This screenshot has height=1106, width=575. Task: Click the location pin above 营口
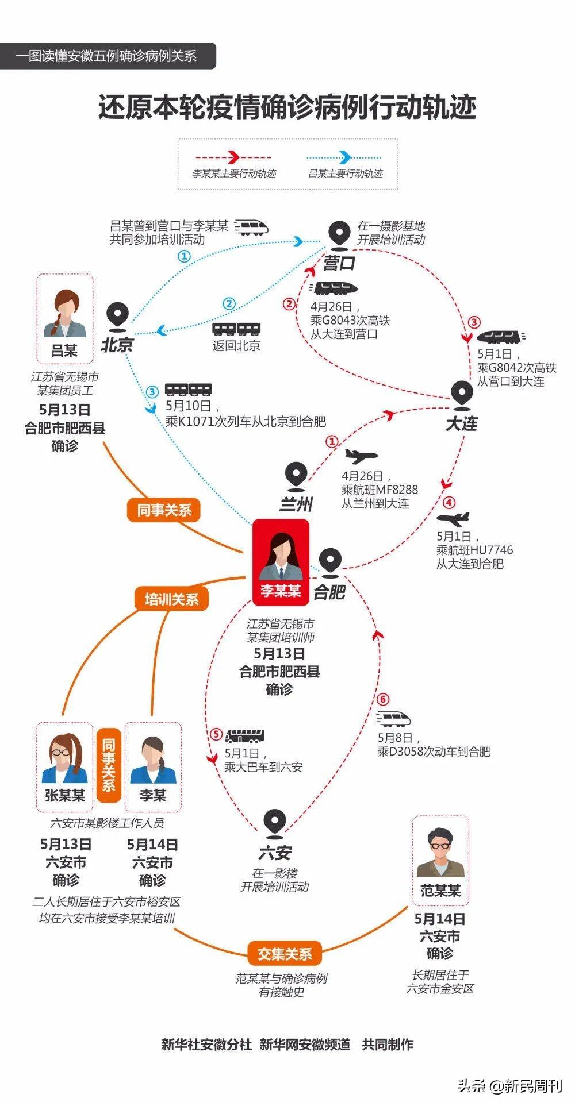point(339,236)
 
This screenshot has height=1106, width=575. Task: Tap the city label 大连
point(462,424)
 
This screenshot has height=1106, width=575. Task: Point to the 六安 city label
point(275,853)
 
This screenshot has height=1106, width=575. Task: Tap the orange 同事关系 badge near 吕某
point(164,510)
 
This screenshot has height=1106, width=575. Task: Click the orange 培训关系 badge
point(171,599)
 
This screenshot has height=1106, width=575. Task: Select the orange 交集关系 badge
point(284,954)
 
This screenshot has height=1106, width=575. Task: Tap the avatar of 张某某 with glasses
point(64,758)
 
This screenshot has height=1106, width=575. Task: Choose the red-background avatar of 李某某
point(281,556)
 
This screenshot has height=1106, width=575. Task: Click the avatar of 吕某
point(65,314)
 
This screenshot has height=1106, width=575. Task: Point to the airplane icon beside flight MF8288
point(361,457)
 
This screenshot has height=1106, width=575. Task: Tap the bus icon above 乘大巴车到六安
point(245,736)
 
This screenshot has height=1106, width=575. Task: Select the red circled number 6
point(383,699)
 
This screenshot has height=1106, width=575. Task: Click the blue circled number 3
point(152,392)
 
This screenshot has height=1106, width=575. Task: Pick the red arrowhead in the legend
point(233,157)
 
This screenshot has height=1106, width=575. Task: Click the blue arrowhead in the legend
point(346,157)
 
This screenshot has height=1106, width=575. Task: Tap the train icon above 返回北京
point(236,329)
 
